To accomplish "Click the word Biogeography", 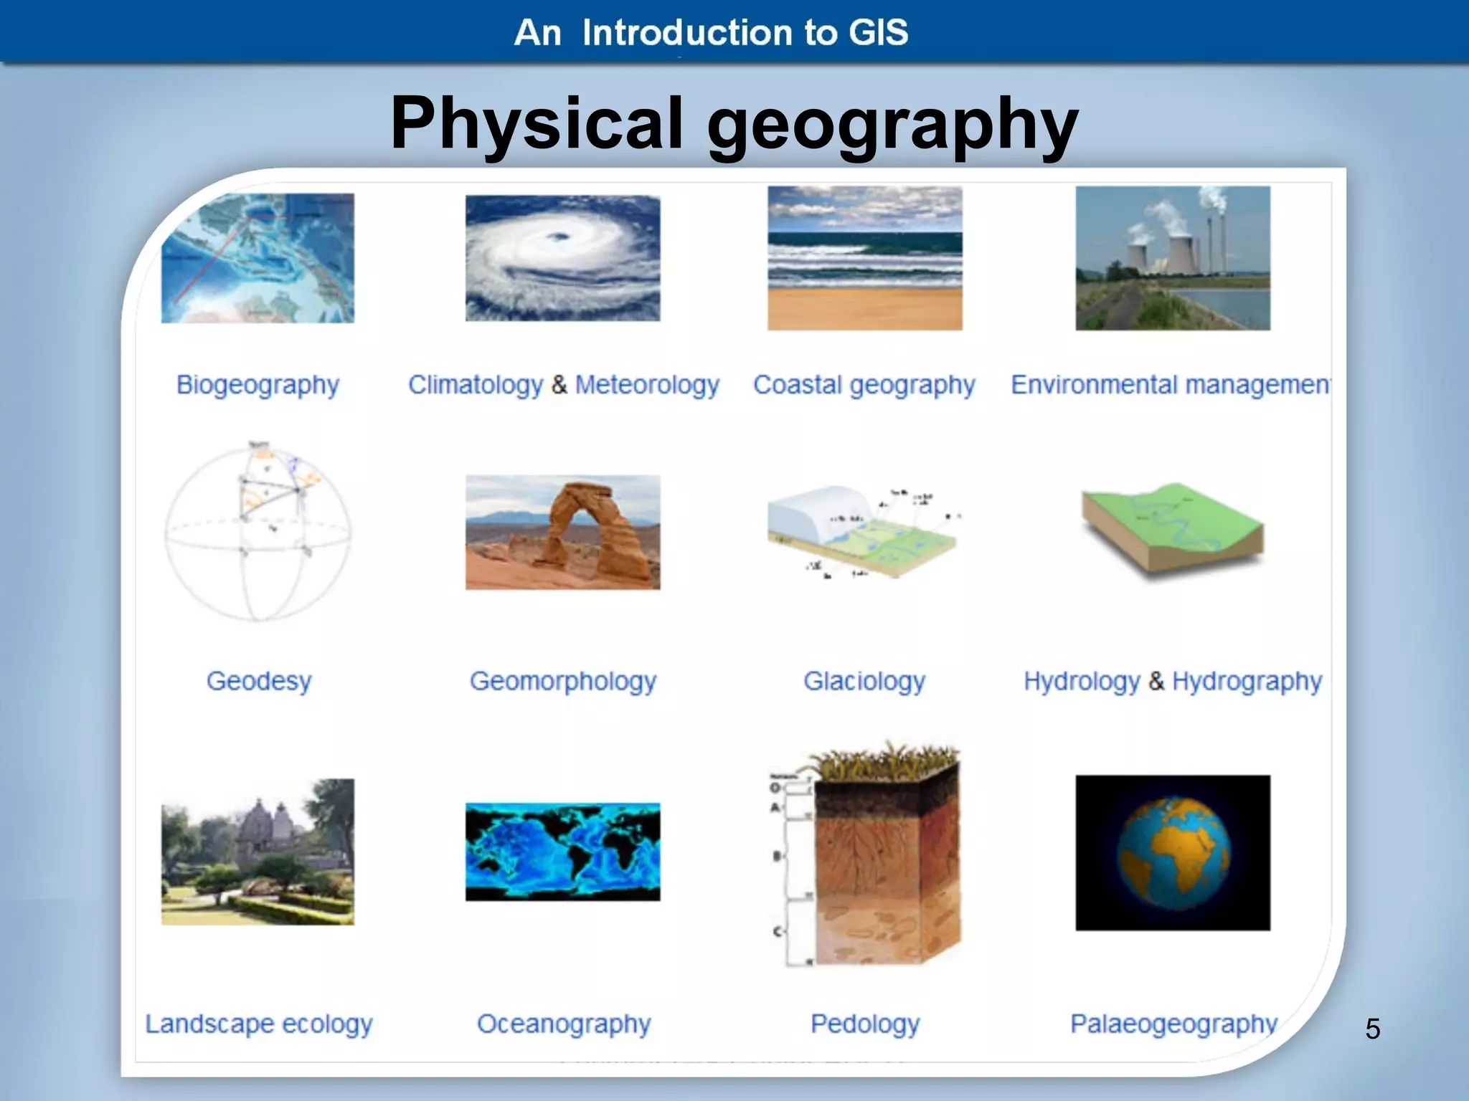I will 258,385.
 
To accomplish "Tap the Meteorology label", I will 647,385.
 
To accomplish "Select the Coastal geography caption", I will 864,385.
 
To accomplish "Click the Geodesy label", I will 259,680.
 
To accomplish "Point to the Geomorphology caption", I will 563,680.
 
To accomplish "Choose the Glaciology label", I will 864,680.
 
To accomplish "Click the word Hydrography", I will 1247,680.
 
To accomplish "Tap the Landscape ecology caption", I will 259,1024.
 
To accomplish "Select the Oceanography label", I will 564,1024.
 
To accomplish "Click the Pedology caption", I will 865,1024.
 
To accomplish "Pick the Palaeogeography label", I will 1173,1024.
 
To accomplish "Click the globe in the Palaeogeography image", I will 1173,853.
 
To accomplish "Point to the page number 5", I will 1372,1029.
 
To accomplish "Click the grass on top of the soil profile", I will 886,764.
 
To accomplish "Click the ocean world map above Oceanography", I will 563,852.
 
